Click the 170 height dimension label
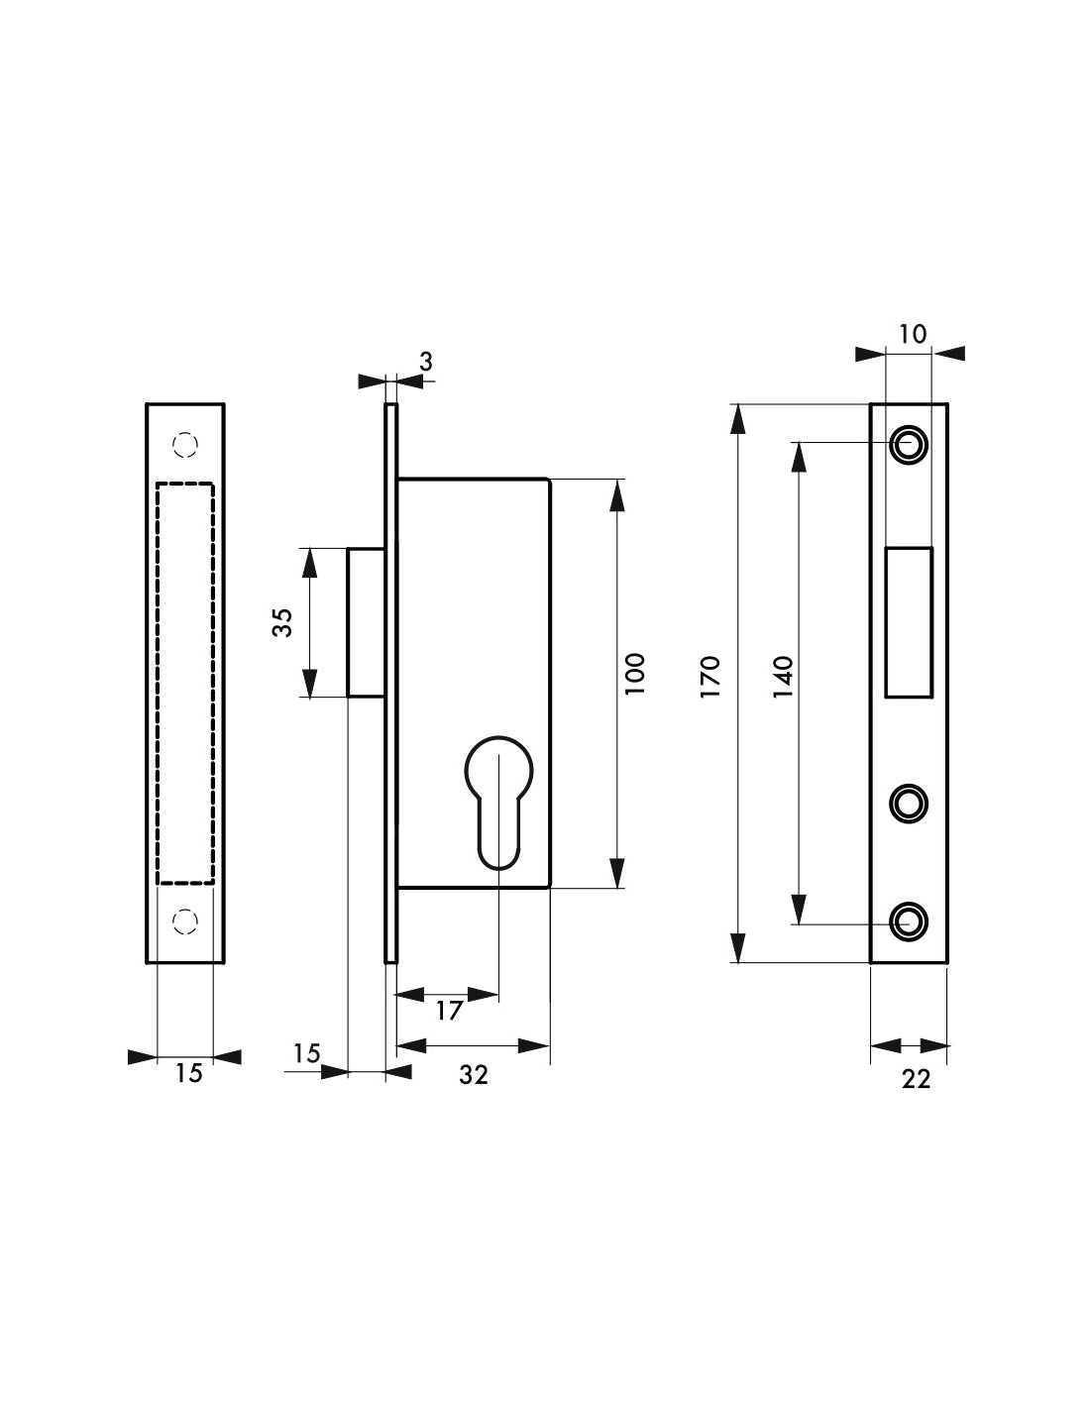(710, 677)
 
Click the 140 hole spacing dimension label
(783, 677)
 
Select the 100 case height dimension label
(635, 675)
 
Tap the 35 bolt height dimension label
(283, 622)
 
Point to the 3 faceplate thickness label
(425, 362)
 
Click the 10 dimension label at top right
(913, 334)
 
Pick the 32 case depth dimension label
(474, 1074)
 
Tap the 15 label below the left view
(188, 1073)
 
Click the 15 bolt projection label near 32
(306, 1053)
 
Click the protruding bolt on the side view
(367, 622)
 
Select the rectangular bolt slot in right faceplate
(909, 622)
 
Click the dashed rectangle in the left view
(157, 684)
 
